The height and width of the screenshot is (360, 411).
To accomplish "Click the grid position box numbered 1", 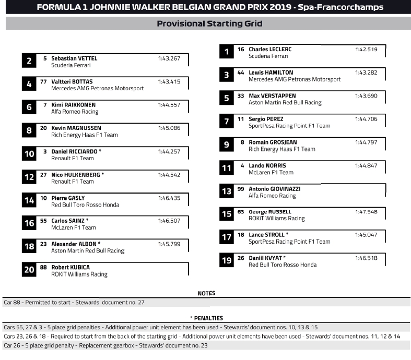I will pyautogui.click(x=226, y=52).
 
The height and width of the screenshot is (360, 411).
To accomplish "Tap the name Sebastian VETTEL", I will pyautogui.click(x=74, y=58).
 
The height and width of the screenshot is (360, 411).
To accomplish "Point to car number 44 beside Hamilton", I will pyautogui.click(x=240, y=73).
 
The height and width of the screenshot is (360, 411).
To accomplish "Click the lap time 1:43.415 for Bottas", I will pyautogui.click(x=169, y=81).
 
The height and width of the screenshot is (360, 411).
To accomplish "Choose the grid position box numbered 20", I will pyautogui.click(x=29, y=270).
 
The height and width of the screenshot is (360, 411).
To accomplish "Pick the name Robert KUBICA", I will pyautogui.click(x=71, y=267).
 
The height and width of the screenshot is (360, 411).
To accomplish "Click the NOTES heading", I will pyautogui.click(x=206, y=293).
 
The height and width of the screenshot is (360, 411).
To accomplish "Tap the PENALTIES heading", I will pyautogui.click(x=206, y=318).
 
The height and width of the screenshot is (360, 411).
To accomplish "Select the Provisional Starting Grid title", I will pyautogui.click(x=209, y=23).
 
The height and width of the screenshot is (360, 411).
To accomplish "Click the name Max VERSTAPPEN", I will pyautogui.click(x=272, y=96).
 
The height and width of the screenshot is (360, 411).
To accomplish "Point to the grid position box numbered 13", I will pyautogui.click(x=226, y=191).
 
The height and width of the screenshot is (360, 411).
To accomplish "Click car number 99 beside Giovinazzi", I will pyautogui.click(x=240, y=188).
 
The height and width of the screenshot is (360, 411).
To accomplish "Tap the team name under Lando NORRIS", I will pyautogui.click(x=271, y=173).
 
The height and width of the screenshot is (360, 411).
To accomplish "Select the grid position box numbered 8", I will pyautogui.click(x=29, y=130).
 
